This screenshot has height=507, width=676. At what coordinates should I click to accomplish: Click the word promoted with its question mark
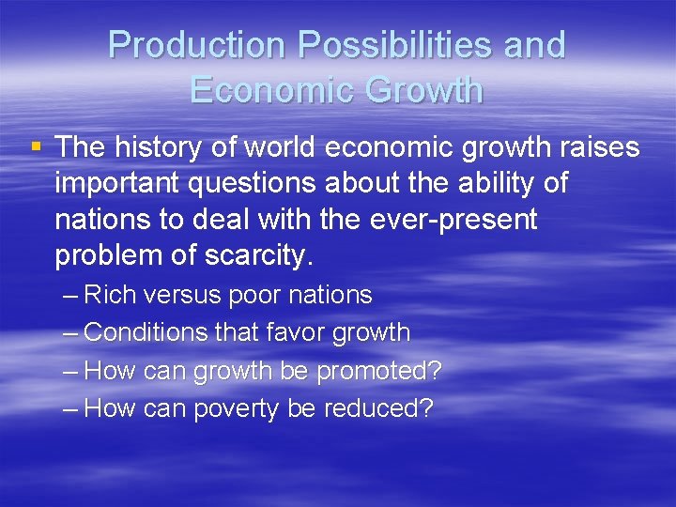378,371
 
